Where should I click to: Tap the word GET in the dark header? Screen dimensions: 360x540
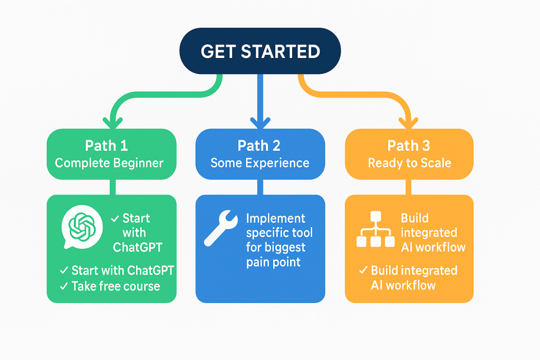pos(219,52)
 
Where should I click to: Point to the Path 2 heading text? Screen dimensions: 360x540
pos(259,145)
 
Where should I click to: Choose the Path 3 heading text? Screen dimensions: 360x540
pos(409,145)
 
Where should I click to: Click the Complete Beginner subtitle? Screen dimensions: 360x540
pos(110,163)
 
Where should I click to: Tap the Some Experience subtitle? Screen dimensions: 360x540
pos(259,163)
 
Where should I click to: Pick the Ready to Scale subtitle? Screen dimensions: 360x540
pos(409,163)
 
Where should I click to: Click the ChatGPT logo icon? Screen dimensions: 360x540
pos(80,228)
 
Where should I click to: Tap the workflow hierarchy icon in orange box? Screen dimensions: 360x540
pos(375,230)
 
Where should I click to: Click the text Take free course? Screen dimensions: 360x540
pos(115,286)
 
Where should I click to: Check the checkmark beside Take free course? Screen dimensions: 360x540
pos(63,286)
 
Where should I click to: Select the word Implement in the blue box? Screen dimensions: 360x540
pos(275,219)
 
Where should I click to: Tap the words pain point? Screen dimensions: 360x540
pos(274,262)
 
